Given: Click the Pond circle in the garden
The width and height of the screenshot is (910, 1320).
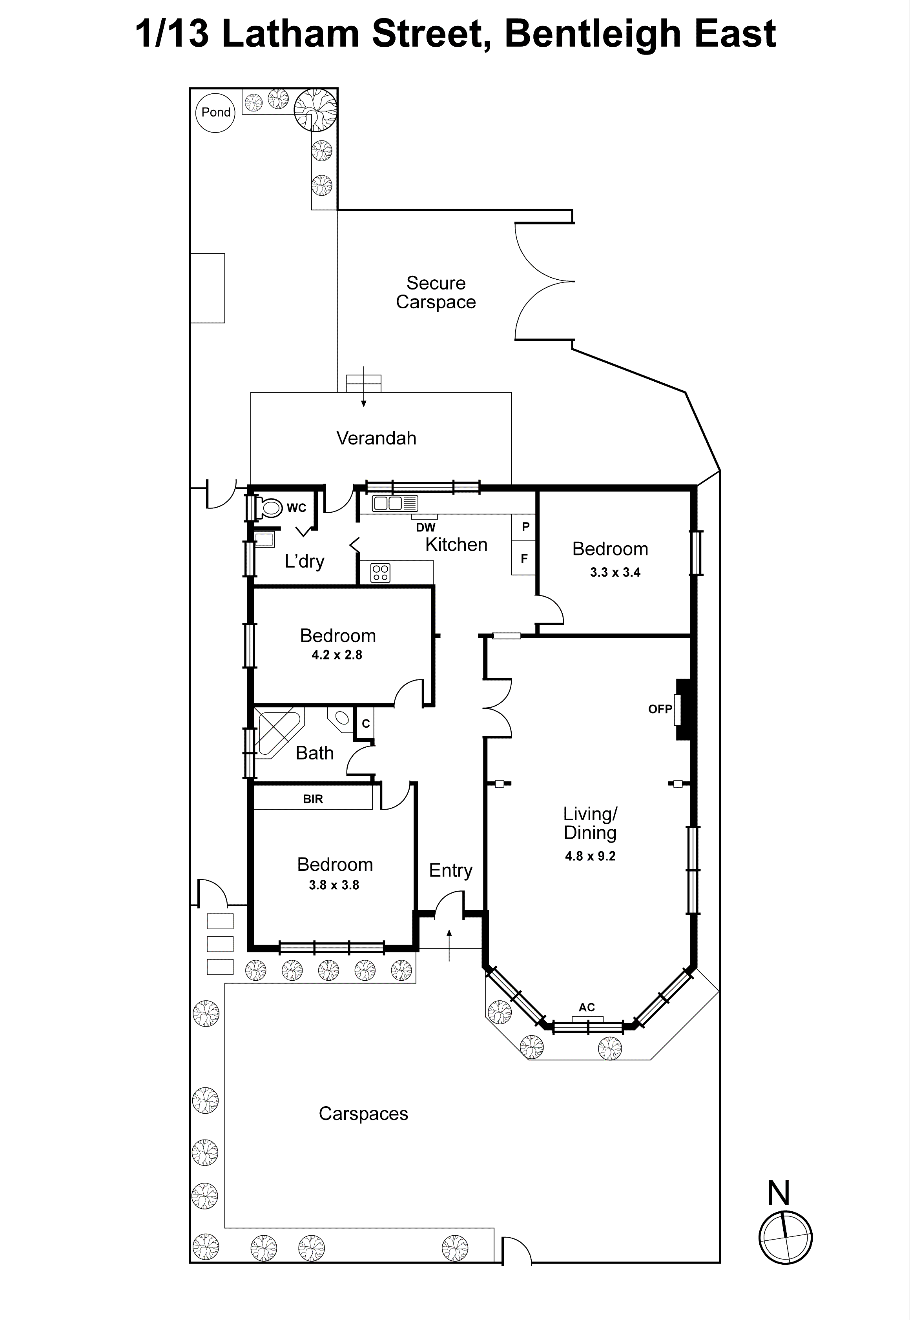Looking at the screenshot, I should pos(215,112).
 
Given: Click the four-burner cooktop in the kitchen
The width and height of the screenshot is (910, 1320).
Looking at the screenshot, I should pos(380,572).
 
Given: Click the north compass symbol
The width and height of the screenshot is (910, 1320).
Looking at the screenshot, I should pos(785,1238).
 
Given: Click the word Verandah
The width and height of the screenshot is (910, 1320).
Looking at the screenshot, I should pos(376,438).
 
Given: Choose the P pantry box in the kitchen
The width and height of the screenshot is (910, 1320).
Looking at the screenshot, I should pos(525,527).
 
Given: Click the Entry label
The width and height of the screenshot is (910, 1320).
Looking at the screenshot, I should pos(450,870).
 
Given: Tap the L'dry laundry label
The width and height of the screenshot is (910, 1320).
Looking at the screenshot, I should pos(305,561).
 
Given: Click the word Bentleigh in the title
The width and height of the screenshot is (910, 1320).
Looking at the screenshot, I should pos(593,34).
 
